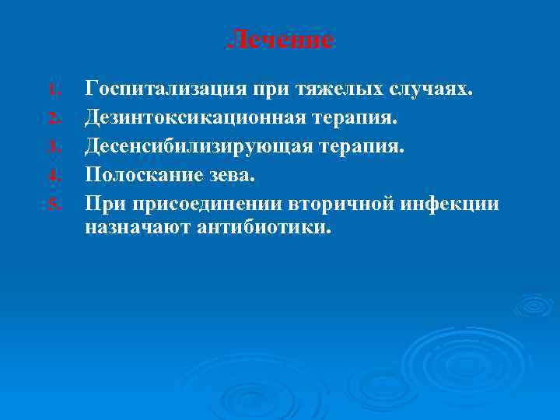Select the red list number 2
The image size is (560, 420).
pos(52,118)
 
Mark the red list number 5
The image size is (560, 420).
pos(52,205)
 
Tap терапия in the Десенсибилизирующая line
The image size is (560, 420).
pos(362,145)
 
